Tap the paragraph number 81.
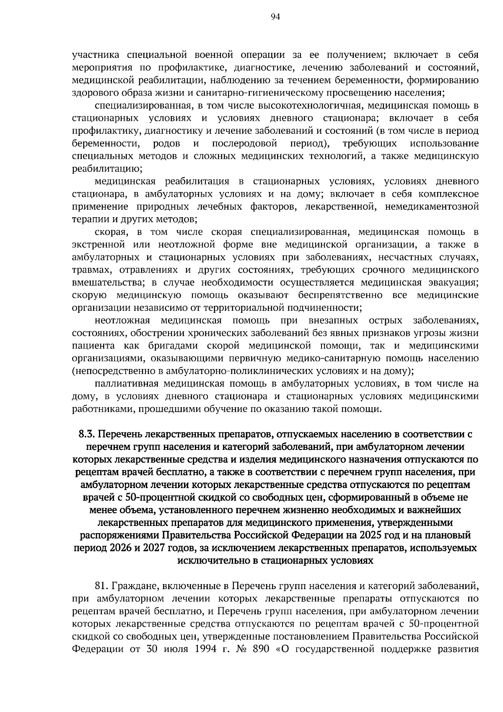pos(102,585)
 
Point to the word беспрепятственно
pos(340,295)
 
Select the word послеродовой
pos(245,144)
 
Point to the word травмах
pos(89,270)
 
